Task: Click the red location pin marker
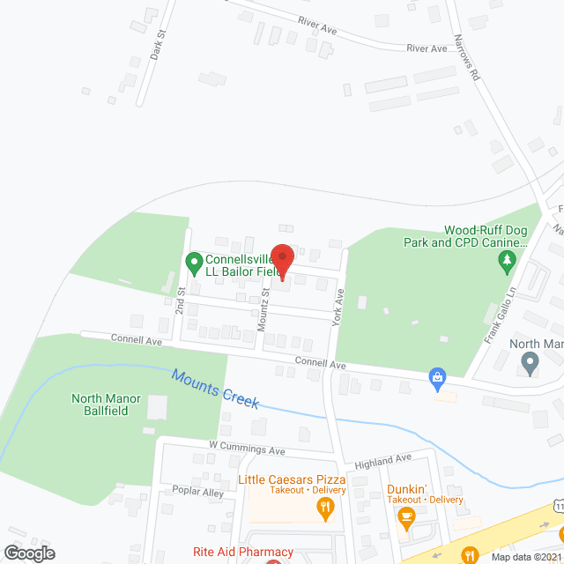[282, 261]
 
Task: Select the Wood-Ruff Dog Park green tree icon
[507, 260]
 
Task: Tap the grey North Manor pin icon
[530, 361]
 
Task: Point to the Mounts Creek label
[216, 389]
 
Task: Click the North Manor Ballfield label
[106, 404]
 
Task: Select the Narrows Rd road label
[466, 59]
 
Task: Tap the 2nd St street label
[181, 300]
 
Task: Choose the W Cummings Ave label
[247, 450]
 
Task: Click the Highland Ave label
[383, 459]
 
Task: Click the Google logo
[29, 553]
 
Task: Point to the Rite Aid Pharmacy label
[243, 552]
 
